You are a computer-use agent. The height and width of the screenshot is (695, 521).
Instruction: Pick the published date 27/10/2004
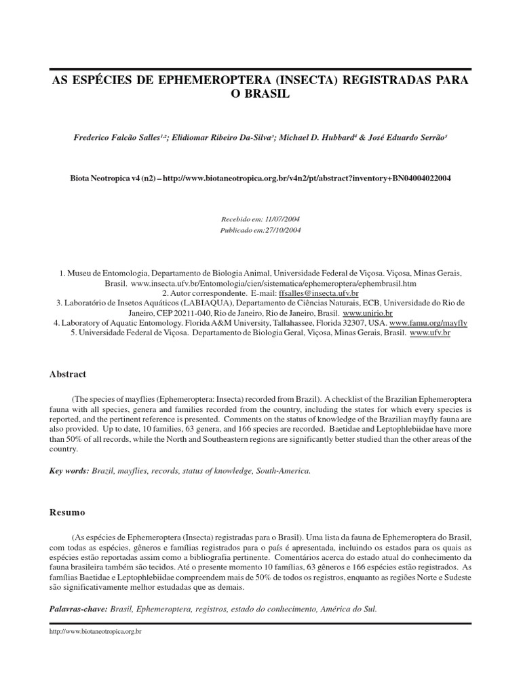click(279, 230)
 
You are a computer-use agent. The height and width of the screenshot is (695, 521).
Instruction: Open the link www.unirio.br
click(368, 313)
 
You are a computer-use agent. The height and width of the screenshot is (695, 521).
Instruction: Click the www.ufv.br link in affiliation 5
click(430, 333)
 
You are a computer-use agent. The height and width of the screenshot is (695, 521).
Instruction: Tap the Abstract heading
click(68, 374)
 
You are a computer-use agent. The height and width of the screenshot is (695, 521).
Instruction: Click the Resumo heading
click(66, 512)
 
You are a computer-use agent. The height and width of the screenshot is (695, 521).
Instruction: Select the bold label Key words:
click(70, 470)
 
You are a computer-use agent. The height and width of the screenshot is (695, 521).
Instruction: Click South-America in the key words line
click(283, 470)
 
